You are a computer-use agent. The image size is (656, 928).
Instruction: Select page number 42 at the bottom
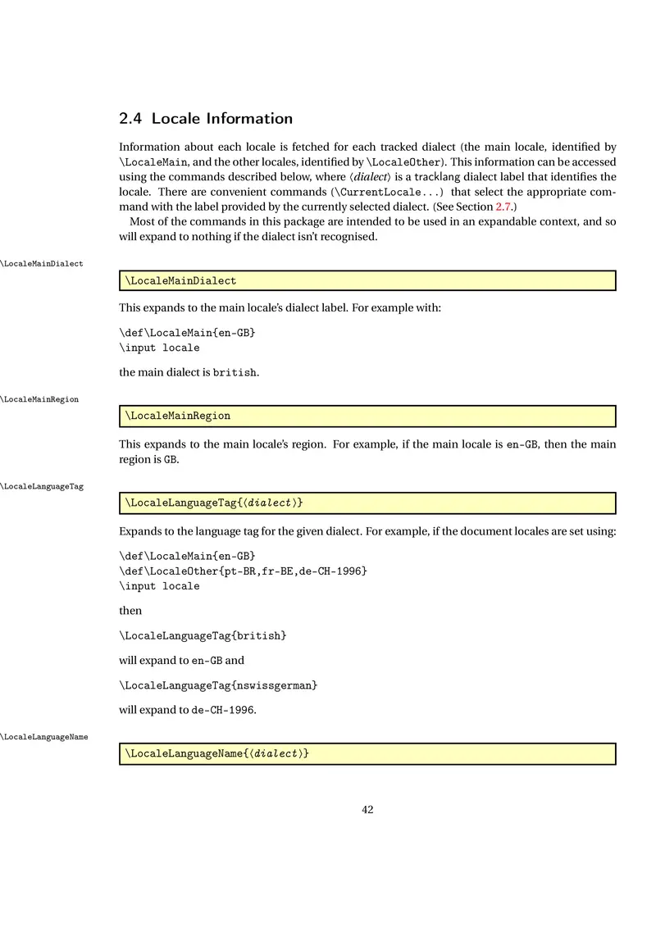367,810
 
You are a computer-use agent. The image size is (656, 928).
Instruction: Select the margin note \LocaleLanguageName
44,737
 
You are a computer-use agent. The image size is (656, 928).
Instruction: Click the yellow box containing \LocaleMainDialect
367,281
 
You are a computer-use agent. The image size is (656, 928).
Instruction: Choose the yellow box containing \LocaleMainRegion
367,416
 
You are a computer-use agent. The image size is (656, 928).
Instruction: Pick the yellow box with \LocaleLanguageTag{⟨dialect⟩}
367,502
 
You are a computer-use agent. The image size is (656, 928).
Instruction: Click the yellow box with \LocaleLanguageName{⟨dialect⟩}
367,753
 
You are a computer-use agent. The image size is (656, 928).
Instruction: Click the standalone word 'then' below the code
130,611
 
